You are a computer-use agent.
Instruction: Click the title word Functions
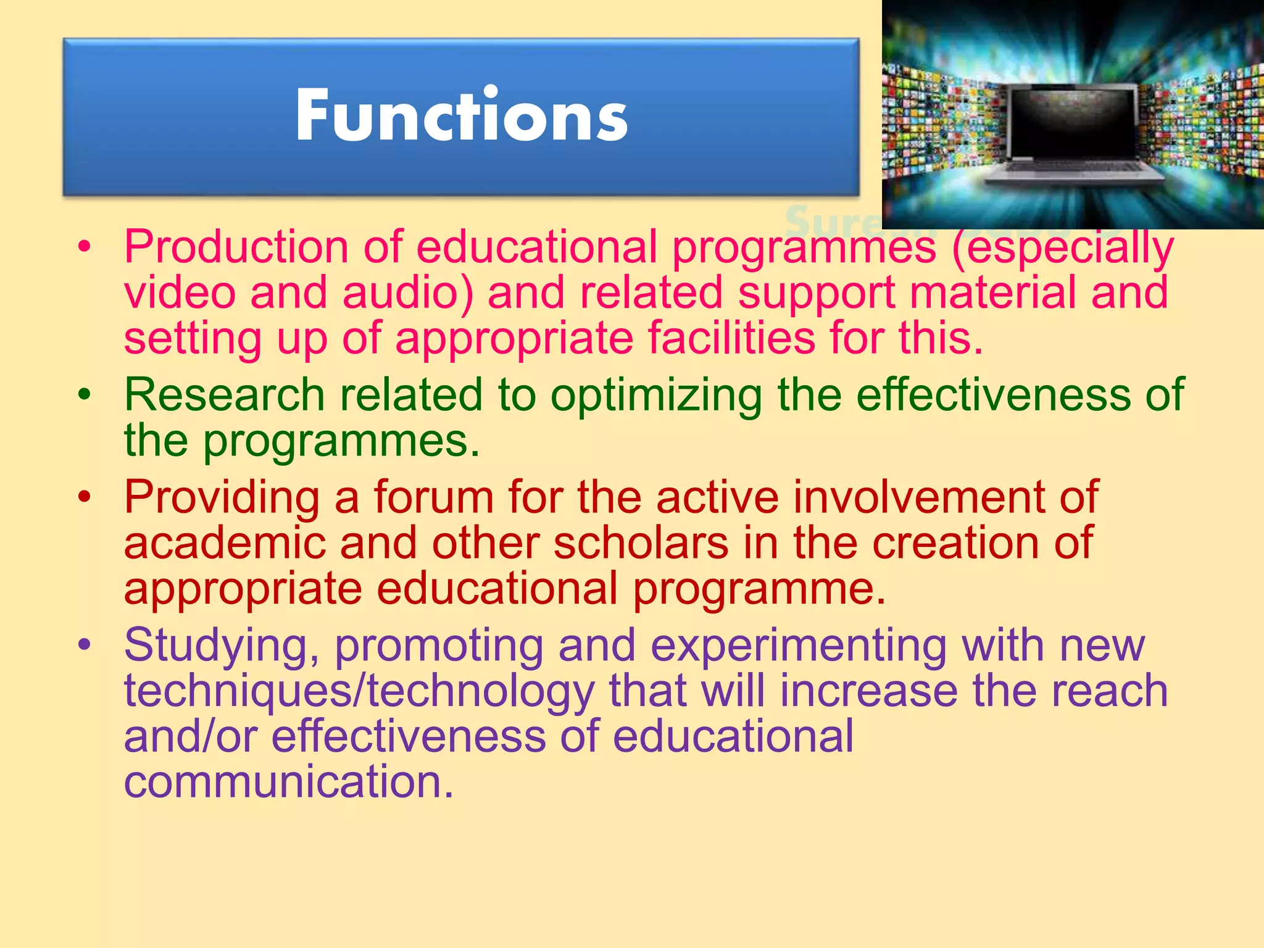[x=461, y=115]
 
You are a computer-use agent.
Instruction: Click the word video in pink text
[x=180, y=293]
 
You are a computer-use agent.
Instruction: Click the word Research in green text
[x=224, y=394]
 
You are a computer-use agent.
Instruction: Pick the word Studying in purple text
[x=222, y=646]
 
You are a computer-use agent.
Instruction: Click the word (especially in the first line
[x=1062, y=247]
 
